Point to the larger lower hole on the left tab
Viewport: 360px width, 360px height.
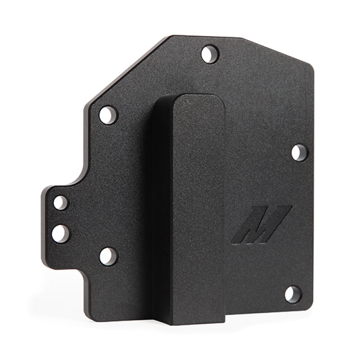click(x=60, y=233)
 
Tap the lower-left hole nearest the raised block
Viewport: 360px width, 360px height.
click(x=107, y=255)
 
